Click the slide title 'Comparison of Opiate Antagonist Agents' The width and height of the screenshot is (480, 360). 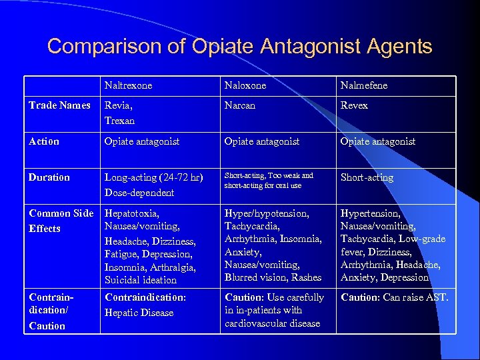[x=239, y=47]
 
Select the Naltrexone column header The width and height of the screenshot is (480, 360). [x=128, y=85]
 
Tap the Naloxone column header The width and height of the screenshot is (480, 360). [x=245, y=85]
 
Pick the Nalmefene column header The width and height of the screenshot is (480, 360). [x=363, y=85]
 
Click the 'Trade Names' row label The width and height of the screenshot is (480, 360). [x=59, y=105]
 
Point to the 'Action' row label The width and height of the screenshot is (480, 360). [x=44, y=141]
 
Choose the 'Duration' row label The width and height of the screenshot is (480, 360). [x=49, y=177]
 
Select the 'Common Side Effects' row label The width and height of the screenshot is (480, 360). [x=61, y=221]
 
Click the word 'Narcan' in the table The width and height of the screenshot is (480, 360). [x=240, y=105]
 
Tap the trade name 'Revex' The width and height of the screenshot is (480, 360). [x=354, y=105]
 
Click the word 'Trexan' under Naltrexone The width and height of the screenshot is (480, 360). [x=119, y=121]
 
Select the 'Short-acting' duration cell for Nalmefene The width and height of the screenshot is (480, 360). [x=367, y=177]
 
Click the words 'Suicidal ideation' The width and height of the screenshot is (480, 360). [x=141, y=280]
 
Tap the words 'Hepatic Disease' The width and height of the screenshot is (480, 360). [x=139, y=313]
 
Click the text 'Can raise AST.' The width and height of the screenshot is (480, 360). [x=416, y=297]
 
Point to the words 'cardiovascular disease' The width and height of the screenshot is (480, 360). [x=272, y=323]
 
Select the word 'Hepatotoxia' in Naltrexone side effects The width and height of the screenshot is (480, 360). [x=131, y=213]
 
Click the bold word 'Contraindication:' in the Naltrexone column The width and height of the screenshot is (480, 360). [x=145, y=297]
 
